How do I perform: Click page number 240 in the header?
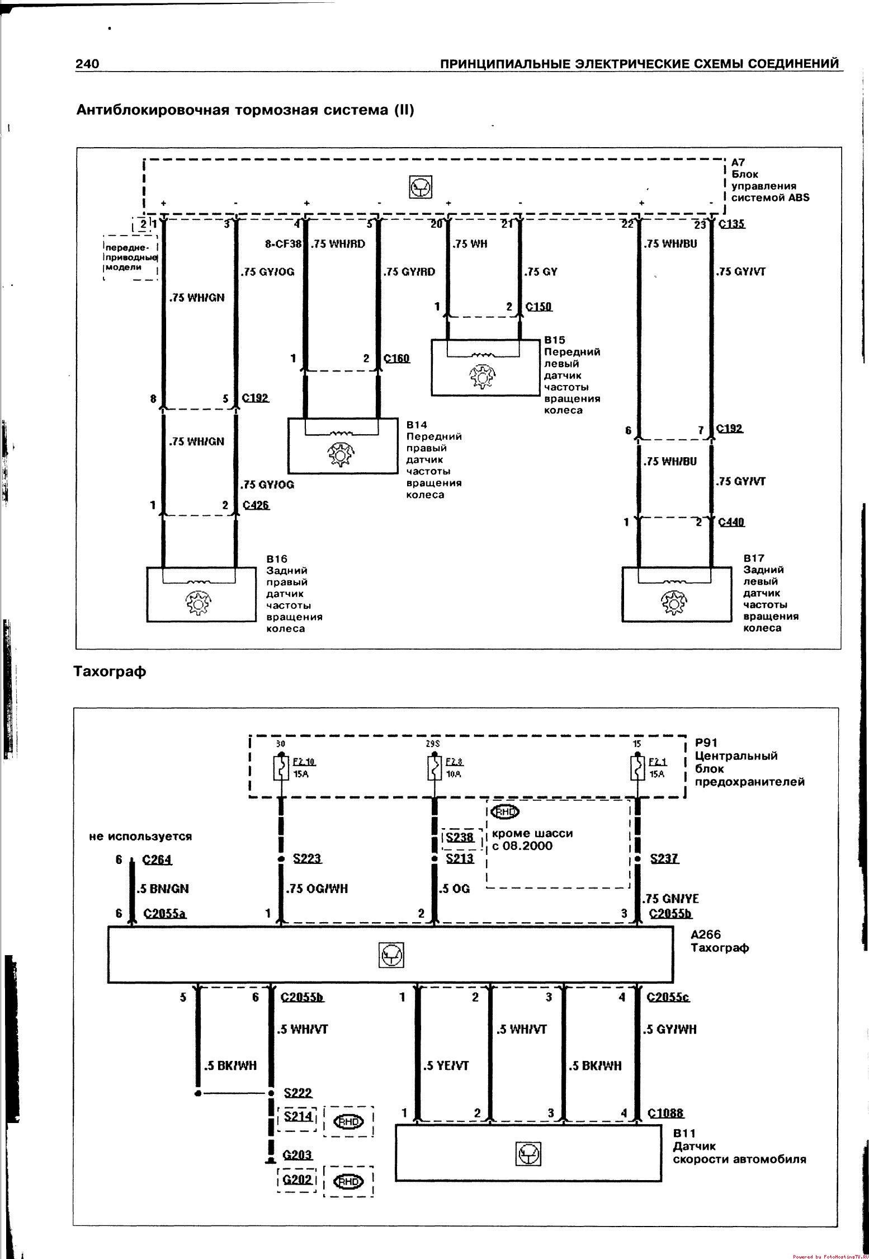(x=88, y=64)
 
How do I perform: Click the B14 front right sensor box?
(x=342, y=445)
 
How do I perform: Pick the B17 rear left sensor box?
(x=676, y=594)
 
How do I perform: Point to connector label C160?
(x=396, y=358)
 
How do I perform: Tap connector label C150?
(x=539, y=307)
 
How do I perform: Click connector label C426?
(x=256, y=505)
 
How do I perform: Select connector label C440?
(x=731, y=522)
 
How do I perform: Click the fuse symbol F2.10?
(x=280, y=768)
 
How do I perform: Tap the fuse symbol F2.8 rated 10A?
(x=434, y=768)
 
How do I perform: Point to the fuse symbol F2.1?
(x=637, y=768)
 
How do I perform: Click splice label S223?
(x=308, y=858)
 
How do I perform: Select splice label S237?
(x=664, y=858)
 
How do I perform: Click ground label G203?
(x=297, y=1154)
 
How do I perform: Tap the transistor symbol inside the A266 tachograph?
(x=391, y=955)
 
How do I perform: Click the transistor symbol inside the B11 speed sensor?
(x=528, y=1153)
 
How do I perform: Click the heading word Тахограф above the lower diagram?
(x=110, y=671)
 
